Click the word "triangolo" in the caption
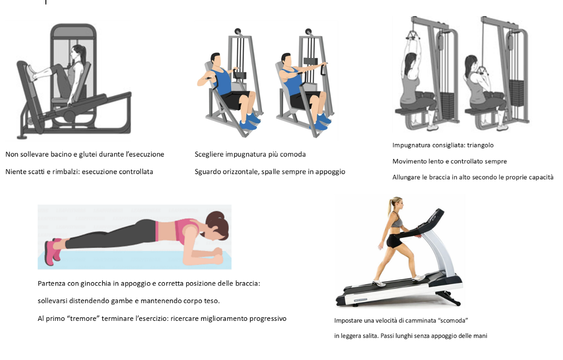[x=480, y=145]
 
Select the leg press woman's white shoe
[x=32, y=73]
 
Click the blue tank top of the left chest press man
[x=222, y=81]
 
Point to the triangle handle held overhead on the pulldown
[x=412, y=35]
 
